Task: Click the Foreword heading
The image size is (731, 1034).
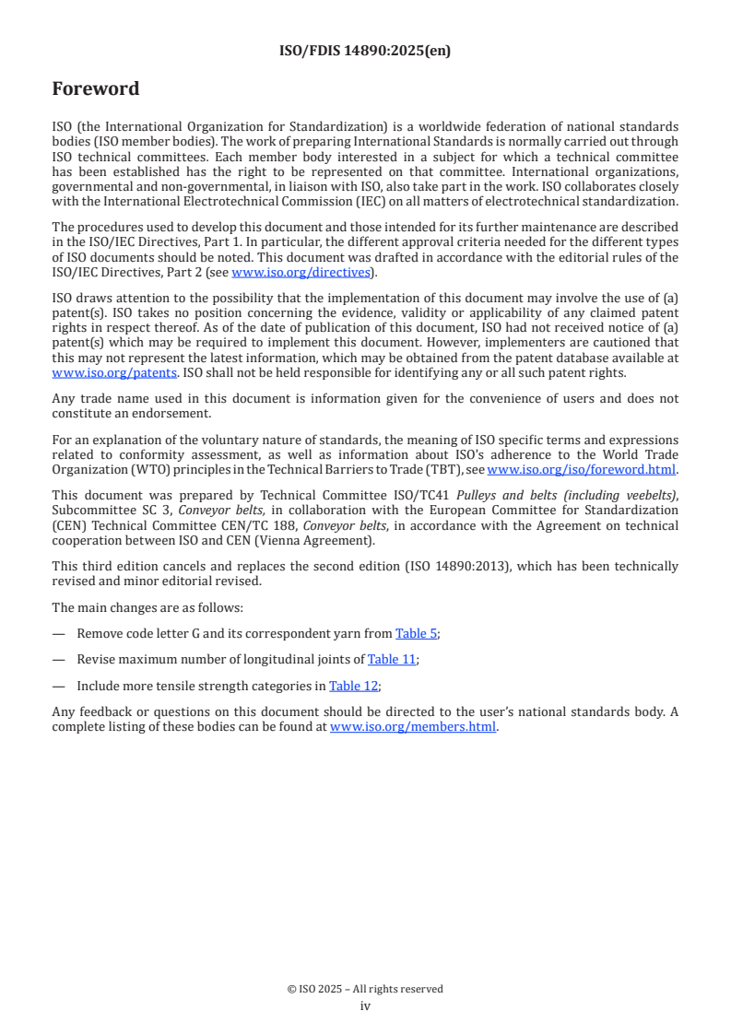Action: (96, 89)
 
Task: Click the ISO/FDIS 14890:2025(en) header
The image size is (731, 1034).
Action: (365, 52)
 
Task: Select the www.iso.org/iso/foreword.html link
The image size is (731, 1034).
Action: (581, 469)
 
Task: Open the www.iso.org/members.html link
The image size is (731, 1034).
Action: (413, 726)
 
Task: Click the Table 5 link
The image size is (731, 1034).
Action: (416, 633)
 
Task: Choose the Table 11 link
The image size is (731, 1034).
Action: (392, 659)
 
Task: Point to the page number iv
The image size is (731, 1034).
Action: (365, 1005)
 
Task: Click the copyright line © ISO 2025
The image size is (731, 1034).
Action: (365, 989)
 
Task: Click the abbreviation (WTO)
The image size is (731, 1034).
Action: (135, 469)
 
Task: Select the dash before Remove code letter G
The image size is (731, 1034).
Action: (59, 633)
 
